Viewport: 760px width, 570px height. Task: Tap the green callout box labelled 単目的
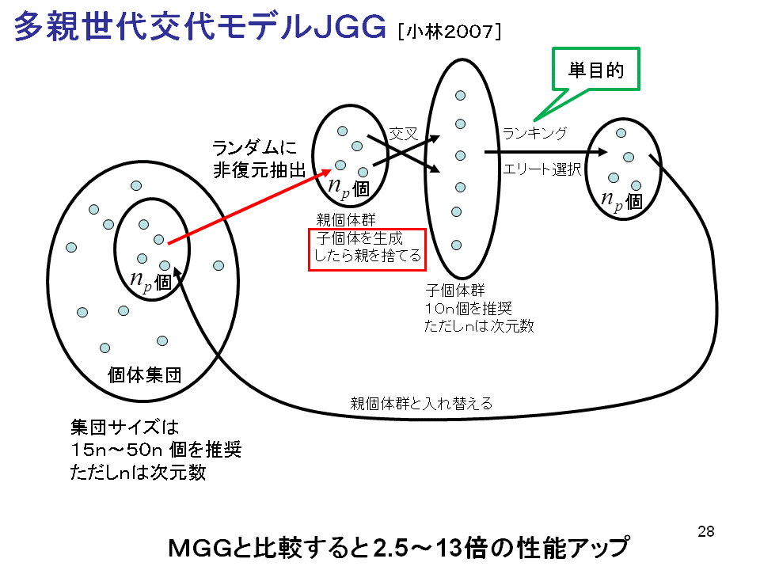(595, 71)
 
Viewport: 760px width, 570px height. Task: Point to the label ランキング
(534, 133)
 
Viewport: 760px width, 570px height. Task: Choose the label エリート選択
(542, 169)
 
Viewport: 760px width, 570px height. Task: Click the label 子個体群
(450, 290)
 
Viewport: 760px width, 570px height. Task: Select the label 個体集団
(145, 374)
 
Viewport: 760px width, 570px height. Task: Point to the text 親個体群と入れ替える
(421, 404)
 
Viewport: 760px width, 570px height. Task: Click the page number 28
(706, 531)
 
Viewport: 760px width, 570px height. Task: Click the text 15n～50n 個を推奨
(155, 450)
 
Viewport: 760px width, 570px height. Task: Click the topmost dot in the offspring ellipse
(459, 96)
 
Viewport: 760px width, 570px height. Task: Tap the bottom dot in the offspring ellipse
(457, 245)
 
